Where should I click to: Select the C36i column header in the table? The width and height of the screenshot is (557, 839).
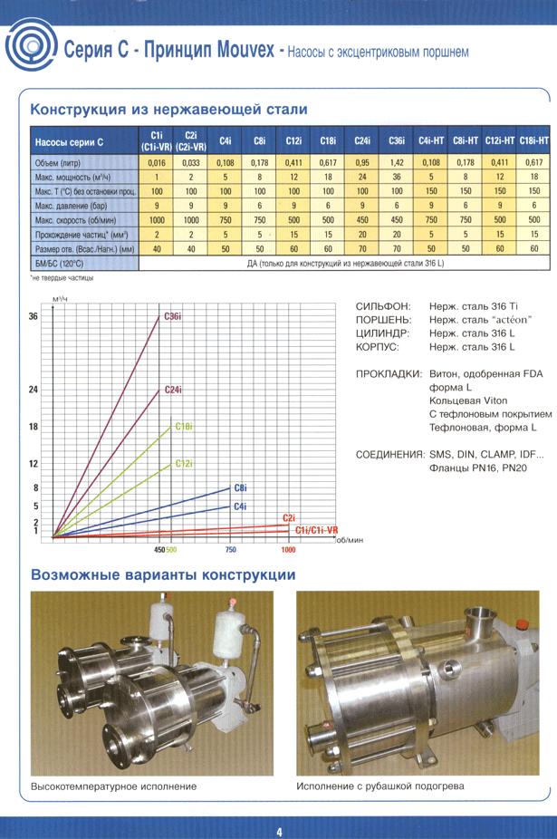[x=397, y=141]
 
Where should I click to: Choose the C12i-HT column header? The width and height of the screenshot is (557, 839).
[x=499, y=141]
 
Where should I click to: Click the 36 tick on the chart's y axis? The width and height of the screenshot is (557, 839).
[x=34, y=316]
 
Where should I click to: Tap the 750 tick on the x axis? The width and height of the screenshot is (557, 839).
[x=230, y=550]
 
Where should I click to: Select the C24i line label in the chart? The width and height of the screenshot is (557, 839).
[x=174, y=390]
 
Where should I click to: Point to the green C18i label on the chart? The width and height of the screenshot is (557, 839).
[x=182, y=426]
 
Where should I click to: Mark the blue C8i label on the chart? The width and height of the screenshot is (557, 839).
[x=241, y=487]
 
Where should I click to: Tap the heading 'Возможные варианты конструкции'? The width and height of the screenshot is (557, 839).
[x=163, y=574]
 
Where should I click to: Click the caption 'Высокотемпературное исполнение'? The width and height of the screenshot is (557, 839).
[x=113, y=786]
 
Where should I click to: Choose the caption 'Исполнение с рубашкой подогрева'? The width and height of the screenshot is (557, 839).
[x=380, y=786]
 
